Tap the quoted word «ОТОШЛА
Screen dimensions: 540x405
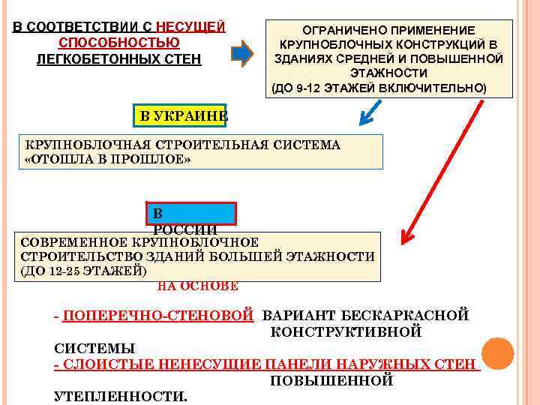coord(55,160)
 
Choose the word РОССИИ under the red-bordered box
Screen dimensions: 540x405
coord(185,230)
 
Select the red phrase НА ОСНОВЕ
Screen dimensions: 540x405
coord(198,286)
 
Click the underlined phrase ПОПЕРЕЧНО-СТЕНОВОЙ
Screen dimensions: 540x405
coord(158,316)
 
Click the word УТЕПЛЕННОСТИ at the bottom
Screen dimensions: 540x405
coord(121,396)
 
